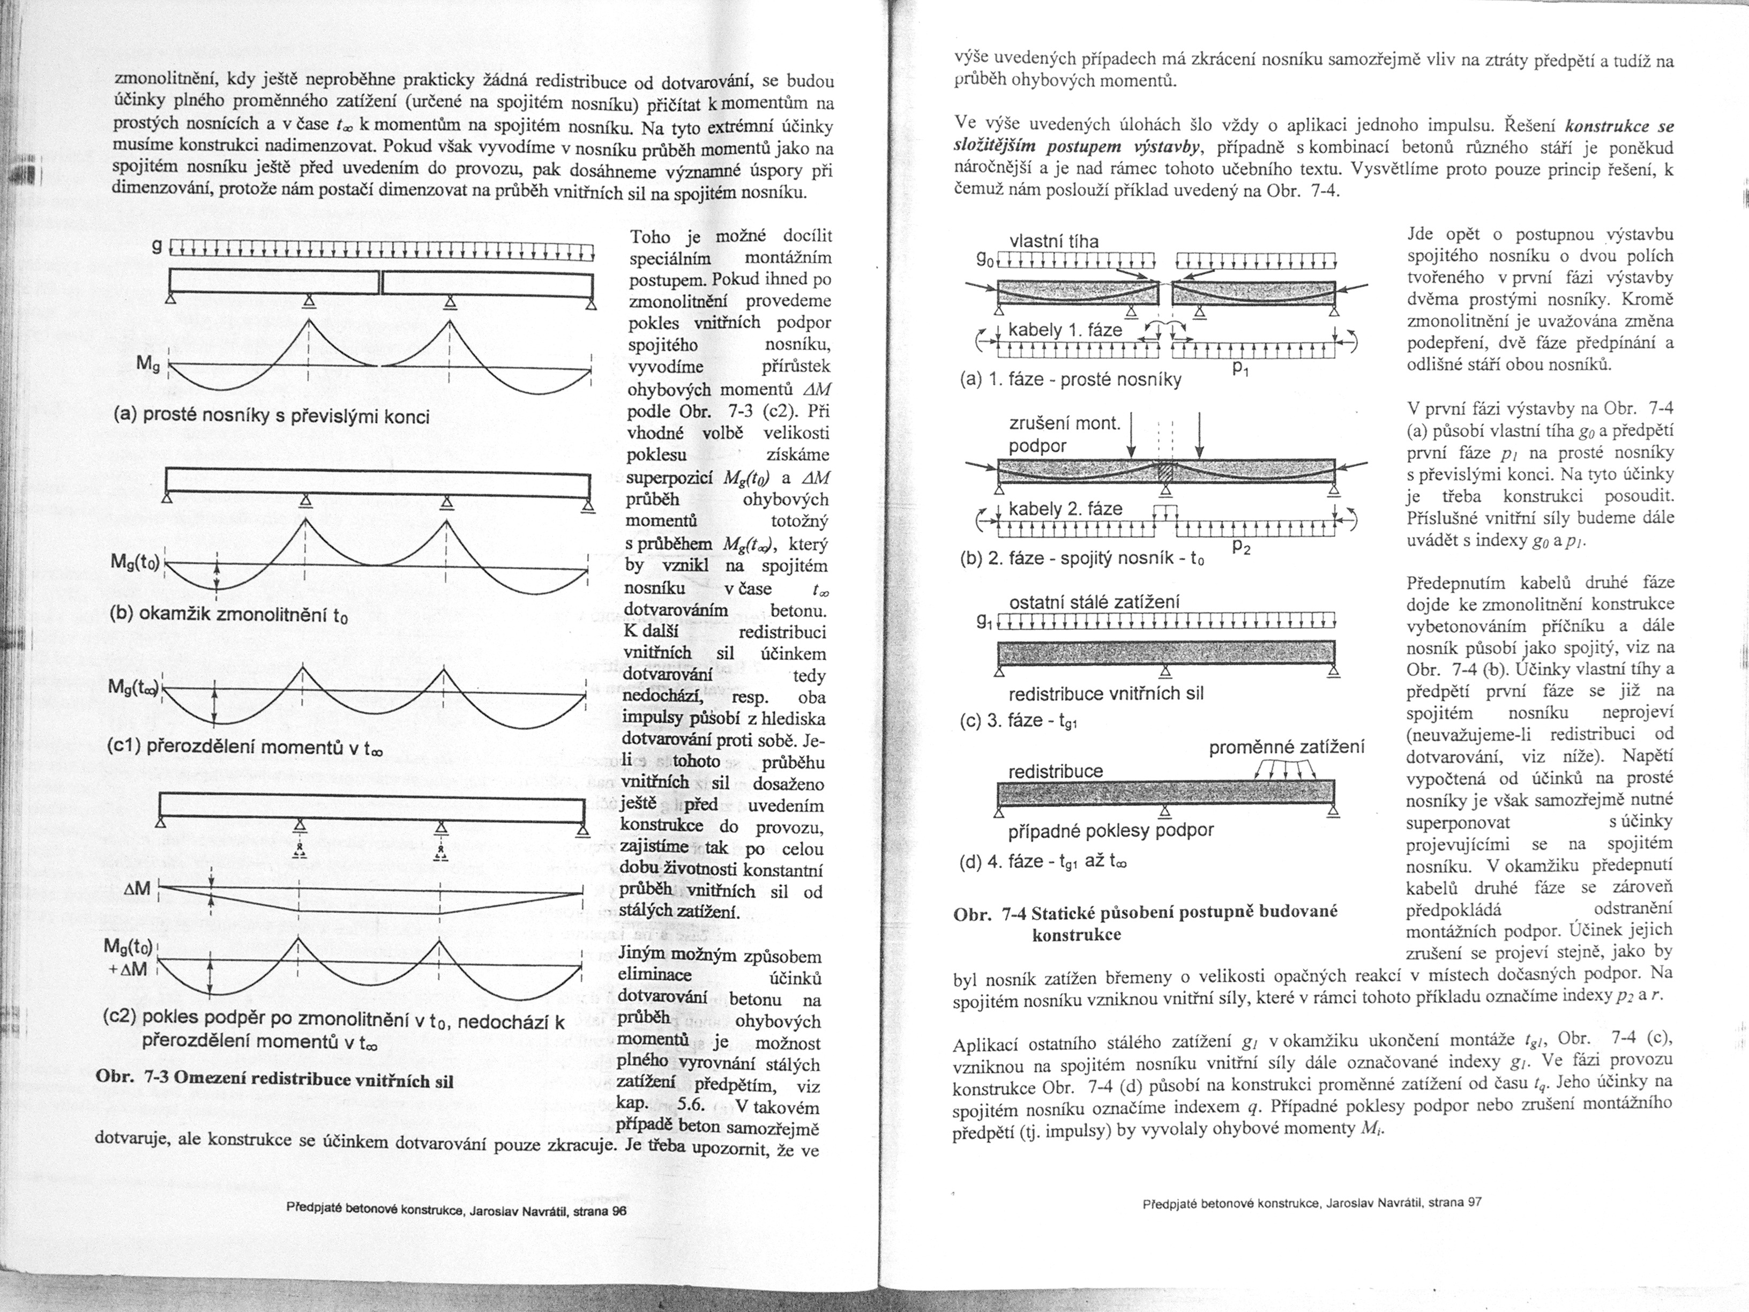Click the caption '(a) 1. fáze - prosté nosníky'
tap(1070, 379)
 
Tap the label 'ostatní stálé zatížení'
tap(1094, 602)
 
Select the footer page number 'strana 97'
tap(1458, 1203)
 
